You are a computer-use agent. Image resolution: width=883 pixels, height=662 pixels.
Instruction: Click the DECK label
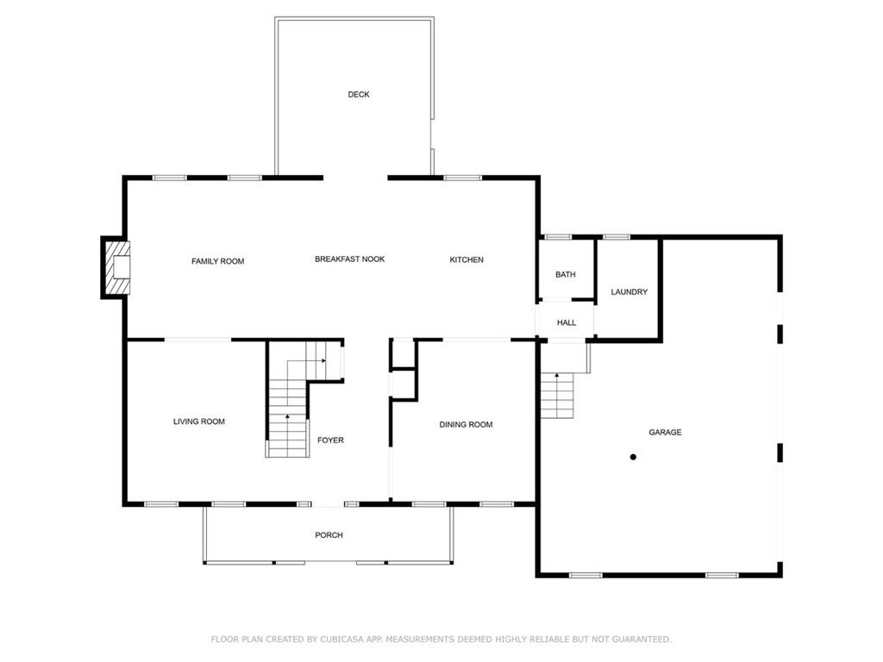point(359,95)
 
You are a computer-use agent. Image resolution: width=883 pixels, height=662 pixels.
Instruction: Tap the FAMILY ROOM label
point(217,261)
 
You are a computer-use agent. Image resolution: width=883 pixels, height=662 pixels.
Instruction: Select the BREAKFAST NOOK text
point(349,259)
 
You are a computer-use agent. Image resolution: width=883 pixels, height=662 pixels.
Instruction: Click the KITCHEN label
point(467,260)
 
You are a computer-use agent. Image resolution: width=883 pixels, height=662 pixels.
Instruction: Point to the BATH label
point(565,275)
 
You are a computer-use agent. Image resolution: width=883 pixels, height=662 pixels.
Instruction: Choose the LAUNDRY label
point(629,292)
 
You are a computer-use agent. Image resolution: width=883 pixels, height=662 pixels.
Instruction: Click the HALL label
point(566,323)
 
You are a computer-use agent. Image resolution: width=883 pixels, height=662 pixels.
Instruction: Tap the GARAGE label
point(665,433)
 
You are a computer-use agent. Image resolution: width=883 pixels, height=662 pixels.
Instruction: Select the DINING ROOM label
point(466,425)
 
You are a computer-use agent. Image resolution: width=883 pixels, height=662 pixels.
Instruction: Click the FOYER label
point(330,440)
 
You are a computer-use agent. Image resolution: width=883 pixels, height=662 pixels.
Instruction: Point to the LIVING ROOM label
point(199,422)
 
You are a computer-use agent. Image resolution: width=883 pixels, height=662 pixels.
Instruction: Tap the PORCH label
point(329,535)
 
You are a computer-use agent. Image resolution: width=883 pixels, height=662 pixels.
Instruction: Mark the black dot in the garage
point(633,457)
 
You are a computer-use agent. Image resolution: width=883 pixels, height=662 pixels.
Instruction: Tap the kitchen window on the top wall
point(462,178)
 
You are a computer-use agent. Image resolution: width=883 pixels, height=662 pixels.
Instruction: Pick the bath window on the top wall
point(558,236)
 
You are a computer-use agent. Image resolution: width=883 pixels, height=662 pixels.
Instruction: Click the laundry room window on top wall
point(616,236)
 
